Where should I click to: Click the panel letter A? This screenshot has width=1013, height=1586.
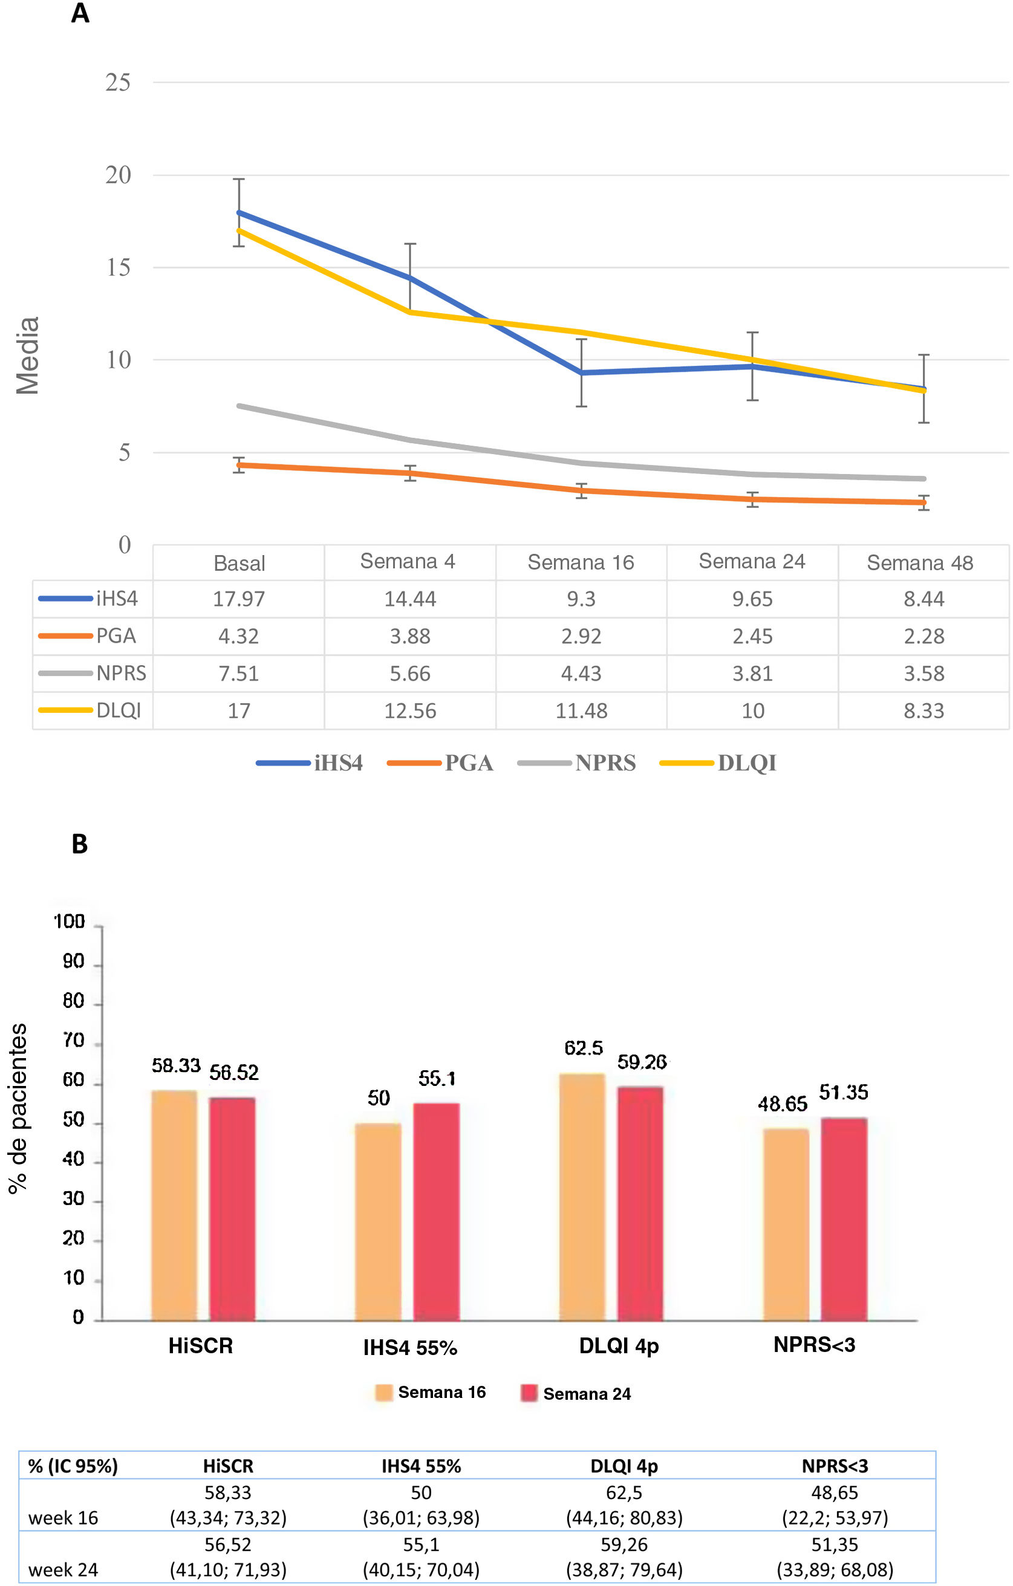pos(80,13)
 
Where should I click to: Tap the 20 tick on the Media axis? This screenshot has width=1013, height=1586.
pos(118,175)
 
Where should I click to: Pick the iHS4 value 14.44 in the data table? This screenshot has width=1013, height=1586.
pos(409,599)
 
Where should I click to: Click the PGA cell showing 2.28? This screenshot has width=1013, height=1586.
pos(923,636)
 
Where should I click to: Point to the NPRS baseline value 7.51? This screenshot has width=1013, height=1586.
pos(238,673)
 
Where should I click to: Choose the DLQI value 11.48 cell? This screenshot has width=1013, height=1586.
pos(581,710)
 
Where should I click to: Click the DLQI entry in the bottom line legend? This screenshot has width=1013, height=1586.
pos(746,762)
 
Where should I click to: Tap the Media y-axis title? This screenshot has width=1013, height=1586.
pos(28,356)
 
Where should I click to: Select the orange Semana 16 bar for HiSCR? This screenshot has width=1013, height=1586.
pos(175,1205)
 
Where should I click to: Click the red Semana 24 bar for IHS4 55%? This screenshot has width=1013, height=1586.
pos(436,1212)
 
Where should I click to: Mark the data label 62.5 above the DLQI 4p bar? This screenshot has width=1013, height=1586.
pos(584,1048)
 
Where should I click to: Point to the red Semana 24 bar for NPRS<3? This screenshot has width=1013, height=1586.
pos(844,1218)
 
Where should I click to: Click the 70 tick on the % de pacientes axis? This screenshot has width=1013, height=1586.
pos(73,1041)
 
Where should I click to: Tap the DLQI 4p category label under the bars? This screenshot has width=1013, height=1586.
pos(619,1345)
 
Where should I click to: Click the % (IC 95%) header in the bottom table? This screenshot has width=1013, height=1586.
pos(73,1466)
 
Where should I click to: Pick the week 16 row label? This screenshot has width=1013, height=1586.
pos(64,1518)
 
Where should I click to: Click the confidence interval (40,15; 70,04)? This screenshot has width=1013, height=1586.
pos(421,1570)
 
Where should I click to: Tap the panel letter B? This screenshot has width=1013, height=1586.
pos(80,843)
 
